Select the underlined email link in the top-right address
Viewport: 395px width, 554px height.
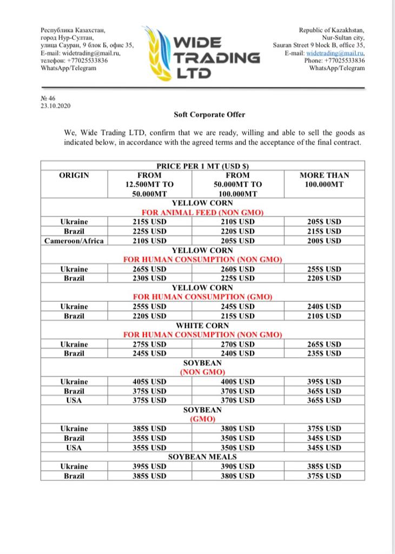click(335, 53)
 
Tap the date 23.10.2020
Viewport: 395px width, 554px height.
click(56, 106)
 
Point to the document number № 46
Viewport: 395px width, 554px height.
click(48, 98)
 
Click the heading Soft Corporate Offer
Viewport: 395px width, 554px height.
click(209, 115)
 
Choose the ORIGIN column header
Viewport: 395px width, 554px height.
click(74, 175)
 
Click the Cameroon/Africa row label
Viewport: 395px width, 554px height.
click(74, 240)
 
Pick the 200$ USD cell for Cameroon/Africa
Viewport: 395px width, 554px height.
click(324, 240)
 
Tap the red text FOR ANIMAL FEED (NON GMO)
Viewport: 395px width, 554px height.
click(202, 213)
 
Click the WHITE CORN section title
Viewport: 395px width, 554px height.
click(202, 326)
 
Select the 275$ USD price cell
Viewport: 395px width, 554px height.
click(149, 344)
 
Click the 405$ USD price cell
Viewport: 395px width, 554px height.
click(149, 381)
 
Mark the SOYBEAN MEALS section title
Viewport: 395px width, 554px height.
click(202, 457)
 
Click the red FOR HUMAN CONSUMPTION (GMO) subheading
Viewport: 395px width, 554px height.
click(202, 297)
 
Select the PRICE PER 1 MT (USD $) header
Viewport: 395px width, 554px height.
click(202, 166)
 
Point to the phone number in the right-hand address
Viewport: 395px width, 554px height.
click(334, 61)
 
